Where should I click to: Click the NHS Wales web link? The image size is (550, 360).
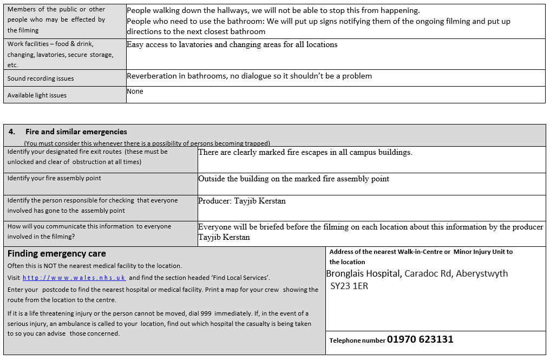[74, 278]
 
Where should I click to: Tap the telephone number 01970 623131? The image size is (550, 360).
[420, 339]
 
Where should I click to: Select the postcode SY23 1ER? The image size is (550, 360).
[349, 286]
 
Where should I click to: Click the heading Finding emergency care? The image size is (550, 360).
[57, 253]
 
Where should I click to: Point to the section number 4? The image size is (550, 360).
[12, 132]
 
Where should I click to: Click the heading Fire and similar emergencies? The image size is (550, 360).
[76, 132]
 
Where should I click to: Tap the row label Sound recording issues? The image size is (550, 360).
[41, 78]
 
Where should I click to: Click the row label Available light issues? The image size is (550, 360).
[37, 95]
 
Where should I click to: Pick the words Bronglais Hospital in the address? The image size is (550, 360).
[364, 273]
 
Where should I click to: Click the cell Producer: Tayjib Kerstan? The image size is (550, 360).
[242, 201]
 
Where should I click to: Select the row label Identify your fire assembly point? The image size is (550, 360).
[54, 178]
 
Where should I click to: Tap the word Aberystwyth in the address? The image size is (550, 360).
[482, 273]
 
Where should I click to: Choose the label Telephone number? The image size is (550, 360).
[357, 341]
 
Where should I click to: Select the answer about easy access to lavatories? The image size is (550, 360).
[232, 44]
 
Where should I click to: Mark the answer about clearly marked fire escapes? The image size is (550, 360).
[305, 152]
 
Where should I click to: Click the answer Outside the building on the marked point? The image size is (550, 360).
[293, 179]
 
